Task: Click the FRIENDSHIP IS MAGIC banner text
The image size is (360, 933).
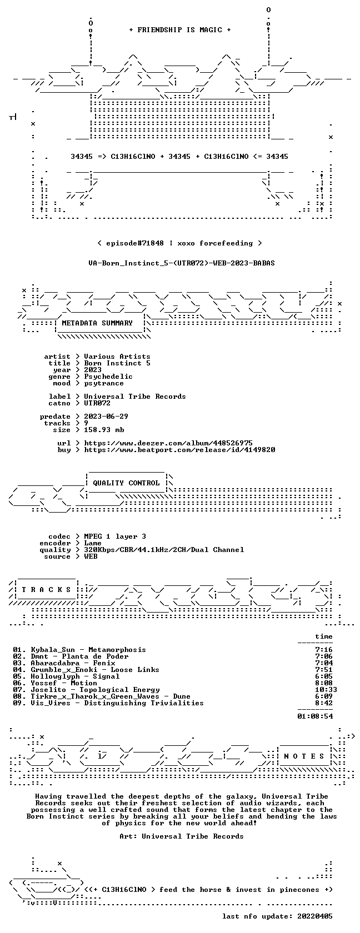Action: point(180,30)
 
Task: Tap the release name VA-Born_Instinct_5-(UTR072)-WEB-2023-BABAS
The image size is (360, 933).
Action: point(182,263)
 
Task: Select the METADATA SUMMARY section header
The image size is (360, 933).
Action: point(97,323)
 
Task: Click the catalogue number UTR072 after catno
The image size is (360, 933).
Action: point(97,403)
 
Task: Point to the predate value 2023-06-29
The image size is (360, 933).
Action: point(106,417)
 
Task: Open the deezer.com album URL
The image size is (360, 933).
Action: point(168,443)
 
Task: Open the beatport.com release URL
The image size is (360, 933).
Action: point(179,450)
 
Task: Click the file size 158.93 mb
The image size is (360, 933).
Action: point(104,430)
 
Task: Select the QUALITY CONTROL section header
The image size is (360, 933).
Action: point(126,483)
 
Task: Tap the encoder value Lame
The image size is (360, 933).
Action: point(92,543)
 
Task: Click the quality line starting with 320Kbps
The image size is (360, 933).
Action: point(164,550)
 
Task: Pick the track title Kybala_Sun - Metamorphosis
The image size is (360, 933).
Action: point(88,650)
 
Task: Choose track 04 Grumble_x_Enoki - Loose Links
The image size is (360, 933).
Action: point(86,670)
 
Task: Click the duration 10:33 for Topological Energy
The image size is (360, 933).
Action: point(326,690)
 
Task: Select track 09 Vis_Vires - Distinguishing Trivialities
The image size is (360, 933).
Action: point(108,703)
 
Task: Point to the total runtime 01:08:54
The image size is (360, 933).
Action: point(315,716)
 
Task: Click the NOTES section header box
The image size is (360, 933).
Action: point(304,756)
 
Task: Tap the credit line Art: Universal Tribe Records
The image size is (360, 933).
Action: point(182,836)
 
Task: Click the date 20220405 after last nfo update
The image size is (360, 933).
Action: point(315,916)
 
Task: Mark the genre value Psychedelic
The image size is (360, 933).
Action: point(108,377)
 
